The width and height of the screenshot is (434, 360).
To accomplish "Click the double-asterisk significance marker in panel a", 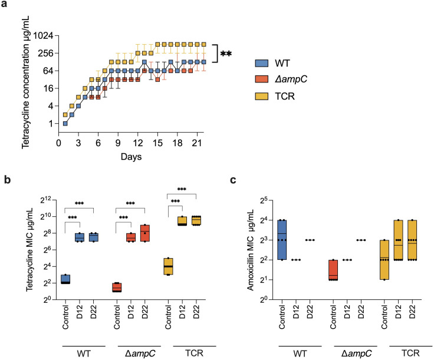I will (226, 55).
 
